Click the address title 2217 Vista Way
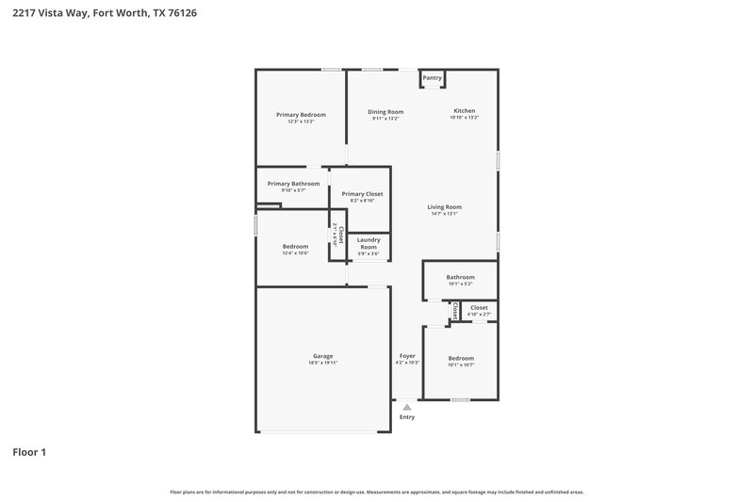click(x=105, y=14)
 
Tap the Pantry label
click(x=433, y=78)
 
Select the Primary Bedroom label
click(x=301, y=114)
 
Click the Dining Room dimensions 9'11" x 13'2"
click(x=385, y=119)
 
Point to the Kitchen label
click(x=465, y=111)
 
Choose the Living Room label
click(x=444, y=206)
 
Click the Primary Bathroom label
click(x=293, y=184)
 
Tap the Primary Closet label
click(x=362, y=194)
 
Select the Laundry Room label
click(x=369, y=243)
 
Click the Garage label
click(x=322, y=356)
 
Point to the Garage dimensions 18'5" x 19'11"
click(x=322, y=363)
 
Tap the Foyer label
click(x=407, y=356)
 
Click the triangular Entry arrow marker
click(x=407, y=407)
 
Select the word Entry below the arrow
click(x=407, y=417)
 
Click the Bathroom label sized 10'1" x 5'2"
click(x=461, y=277)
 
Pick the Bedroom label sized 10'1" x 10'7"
click(x=461, y=358)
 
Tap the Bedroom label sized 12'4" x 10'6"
click(x=295, y=247)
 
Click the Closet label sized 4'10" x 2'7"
click(x=479, y=308)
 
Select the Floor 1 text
click(x=29, y=453)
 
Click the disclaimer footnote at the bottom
click(x=377, y=492)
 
